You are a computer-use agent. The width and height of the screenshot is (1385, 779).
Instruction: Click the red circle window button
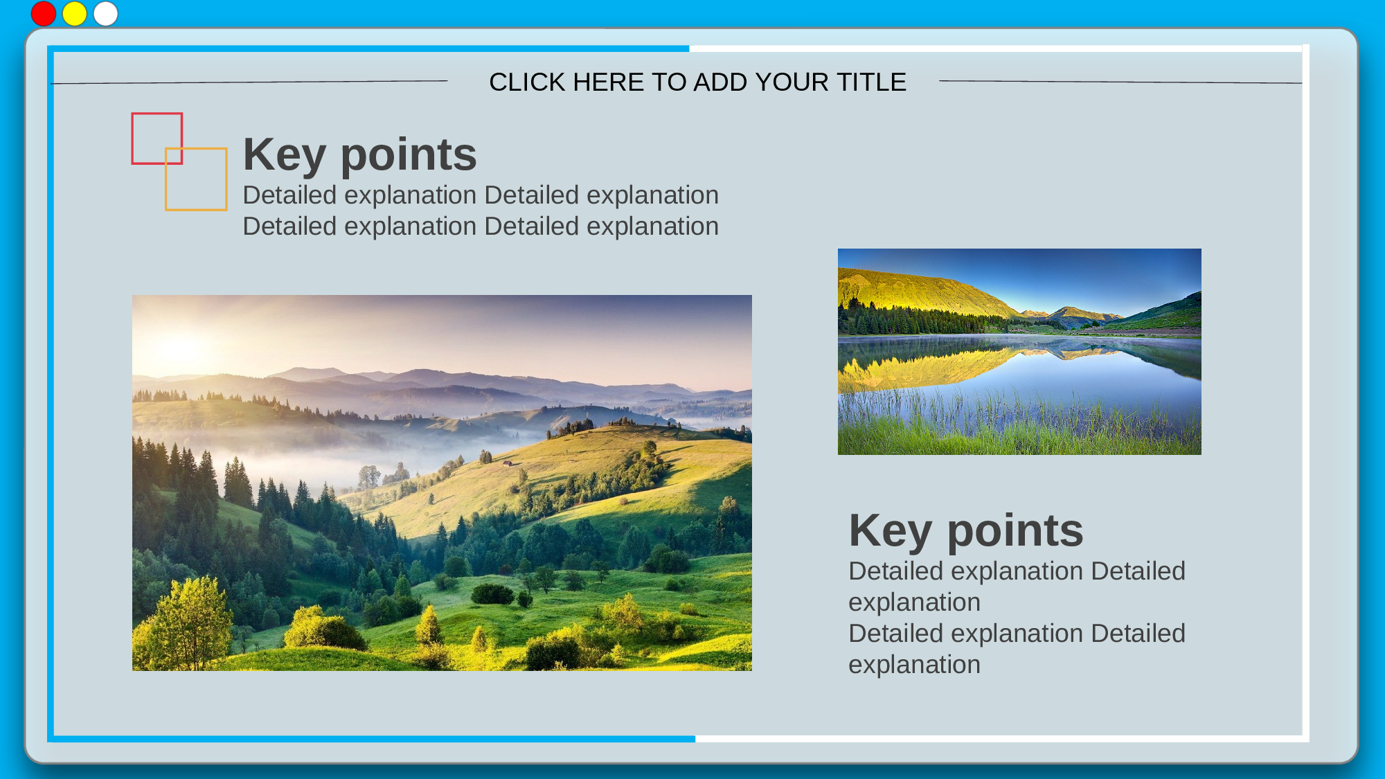coord(44,14)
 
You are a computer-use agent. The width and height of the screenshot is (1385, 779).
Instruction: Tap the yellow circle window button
coord(75,14)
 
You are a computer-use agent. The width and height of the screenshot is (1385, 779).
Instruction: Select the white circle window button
coord(106,14)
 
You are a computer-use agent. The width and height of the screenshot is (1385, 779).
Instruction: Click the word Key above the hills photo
coord(285,155)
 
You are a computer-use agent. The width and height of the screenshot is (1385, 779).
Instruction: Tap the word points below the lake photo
coord(1015,532)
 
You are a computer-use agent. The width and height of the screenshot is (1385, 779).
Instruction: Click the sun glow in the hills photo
coord(179,345)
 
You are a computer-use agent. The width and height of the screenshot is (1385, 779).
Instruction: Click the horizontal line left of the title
coord(249,82)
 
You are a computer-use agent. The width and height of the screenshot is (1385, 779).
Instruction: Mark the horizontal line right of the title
coord(1120,82)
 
